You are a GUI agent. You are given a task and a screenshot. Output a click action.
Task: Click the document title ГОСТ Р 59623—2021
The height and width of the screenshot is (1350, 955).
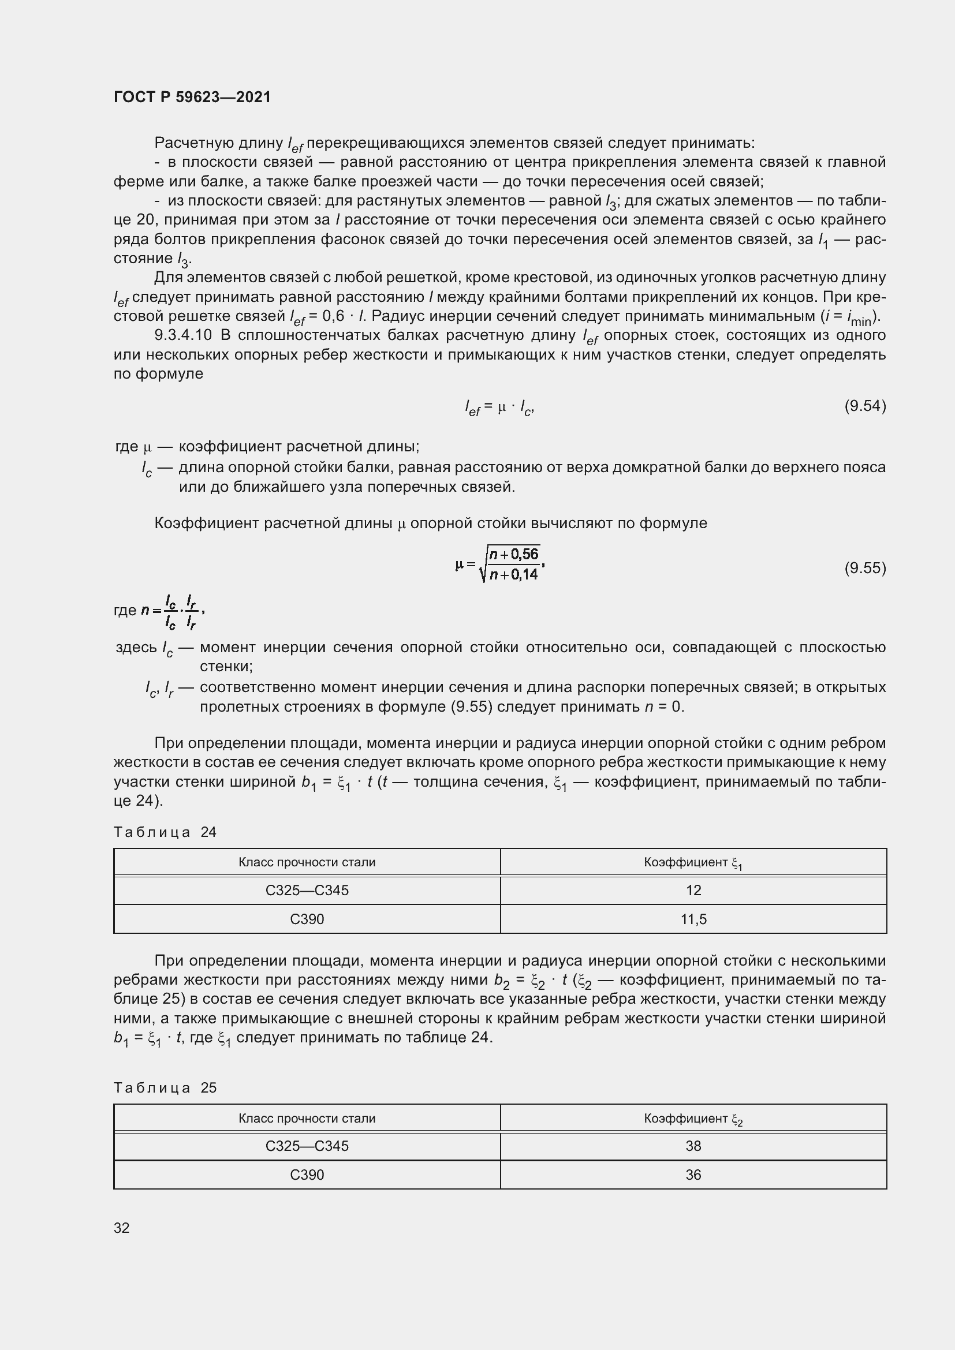tap(192, 97)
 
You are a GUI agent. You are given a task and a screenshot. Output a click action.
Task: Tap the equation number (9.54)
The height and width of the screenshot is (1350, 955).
tap(864, 406)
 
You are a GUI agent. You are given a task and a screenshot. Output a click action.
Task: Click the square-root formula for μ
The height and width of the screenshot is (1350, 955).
tap(499, 564)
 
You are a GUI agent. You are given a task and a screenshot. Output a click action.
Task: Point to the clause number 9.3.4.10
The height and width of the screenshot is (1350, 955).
tap(182, 335)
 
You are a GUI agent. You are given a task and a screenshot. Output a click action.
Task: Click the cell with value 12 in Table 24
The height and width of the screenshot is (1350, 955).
tap(693, 889)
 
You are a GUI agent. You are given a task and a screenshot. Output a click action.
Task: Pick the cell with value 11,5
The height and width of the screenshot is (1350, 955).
tap(693, 918)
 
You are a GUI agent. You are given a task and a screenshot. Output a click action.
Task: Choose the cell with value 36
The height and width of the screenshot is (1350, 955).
tap(693, 1174)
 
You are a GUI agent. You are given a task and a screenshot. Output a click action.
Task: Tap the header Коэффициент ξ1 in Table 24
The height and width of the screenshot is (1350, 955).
tap(693, 862)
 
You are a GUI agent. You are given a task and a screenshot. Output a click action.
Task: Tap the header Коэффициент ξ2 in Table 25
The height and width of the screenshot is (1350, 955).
tap(693, 1119)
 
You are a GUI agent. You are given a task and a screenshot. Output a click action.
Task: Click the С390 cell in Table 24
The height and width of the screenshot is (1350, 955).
tap(307, 918)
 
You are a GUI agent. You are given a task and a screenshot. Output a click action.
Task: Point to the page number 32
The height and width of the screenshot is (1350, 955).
tap(122, 1228)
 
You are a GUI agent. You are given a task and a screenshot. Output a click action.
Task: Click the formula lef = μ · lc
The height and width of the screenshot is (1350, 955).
tap(499, 407)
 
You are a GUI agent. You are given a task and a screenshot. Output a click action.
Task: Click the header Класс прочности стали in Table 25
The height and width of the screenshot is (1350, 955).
tap(307, 1119)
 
